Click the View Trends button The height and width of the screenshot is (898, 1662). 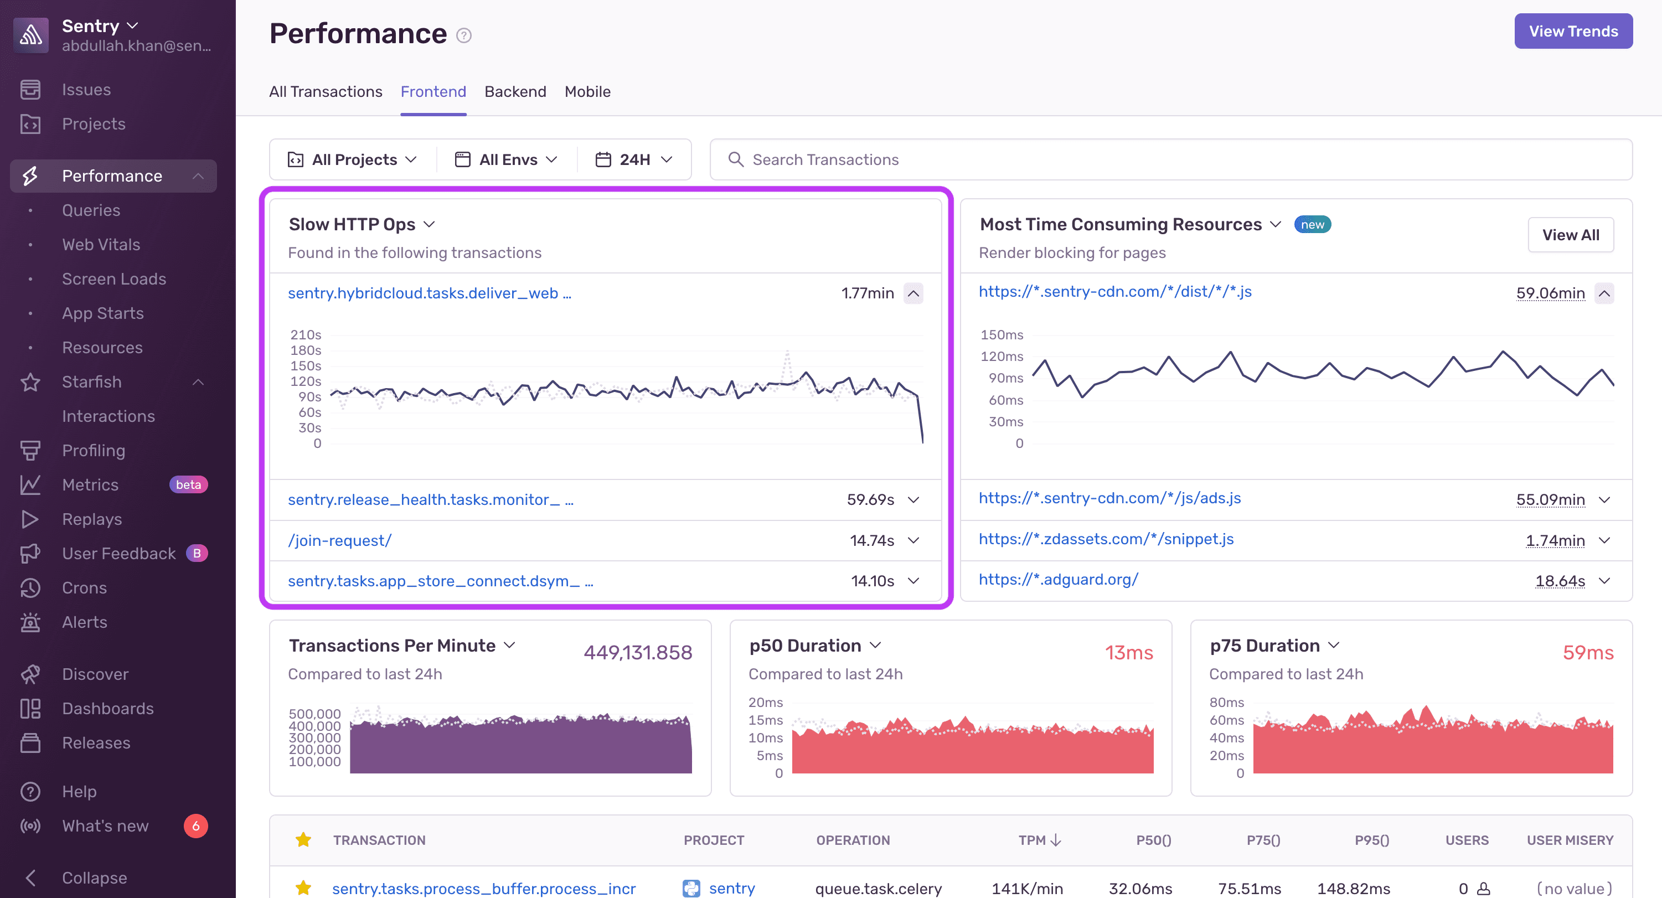pos(1573,31)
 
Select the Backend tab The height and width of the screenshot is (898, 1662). pos(515,91)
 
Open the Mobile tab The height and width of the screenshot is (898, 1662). pos(587,91)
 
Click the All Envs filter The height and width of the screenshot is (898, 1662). pos(507,159)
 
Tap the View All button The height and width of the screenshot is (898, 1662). pos(1571,235)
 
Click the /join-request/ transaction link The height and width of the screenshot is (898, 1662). pos(339,540)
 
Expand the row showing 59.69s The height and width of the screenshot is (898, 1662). pos(913,500)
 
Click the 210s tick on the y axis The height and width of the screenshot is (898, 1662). pos(305,335)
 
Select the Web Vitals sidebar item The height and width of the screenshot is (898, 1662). pos(101,245)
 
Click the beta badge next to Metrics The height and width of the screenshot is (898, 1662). pos(188,484)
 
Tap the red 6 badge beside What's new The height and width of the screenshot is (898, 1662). pos(195,825)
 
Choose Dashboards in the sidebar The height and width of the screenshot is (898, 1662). pos(108,708)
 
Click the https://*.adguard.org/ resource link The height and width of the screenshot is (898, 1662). pos(1058,579)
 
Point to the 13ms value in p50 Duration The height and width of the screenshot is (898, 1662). pos(1128,652)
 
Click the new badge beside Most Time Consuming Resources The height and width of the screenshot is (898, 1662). pos(1312,225)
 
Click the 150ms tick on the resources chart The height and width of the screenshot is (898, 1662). pos(1002,335)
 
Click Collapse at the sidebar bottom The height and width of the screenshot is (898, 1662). pos(94,878)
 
